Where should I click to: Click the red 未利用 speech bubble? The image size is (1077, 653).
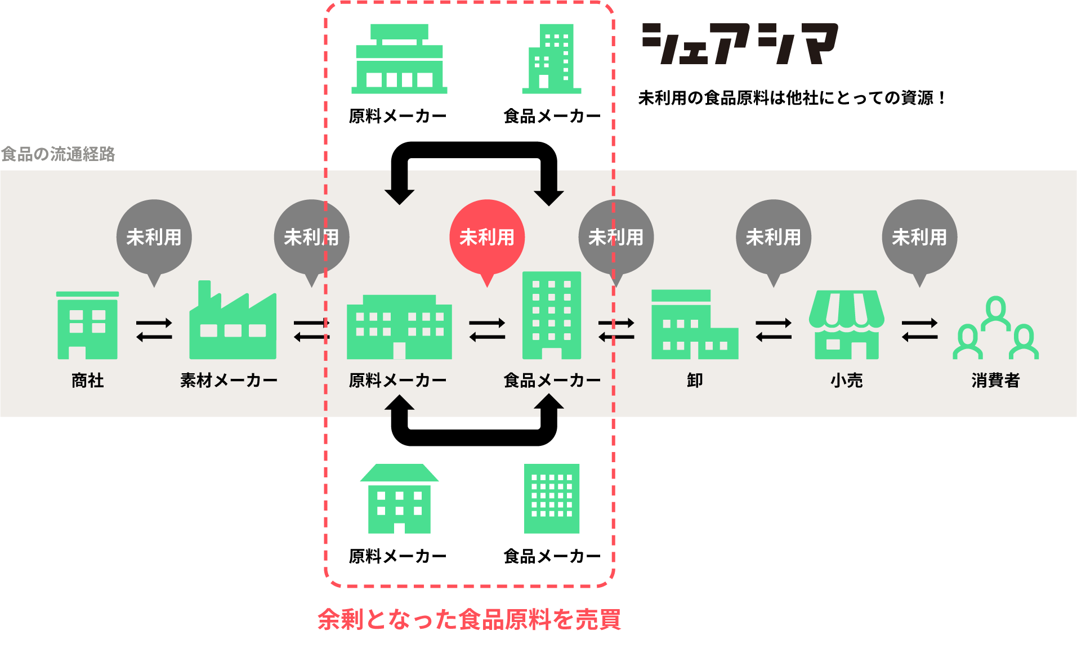(487, 238)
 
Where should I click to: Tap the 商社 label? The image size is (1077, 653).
(88, 381)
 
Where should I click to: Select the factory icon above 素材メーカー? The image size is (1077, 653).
(233, 322)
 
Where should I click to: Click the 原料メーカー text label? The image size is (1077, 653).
(397, 381)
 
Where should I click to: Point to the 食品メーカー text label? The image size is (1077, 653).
(552, 381)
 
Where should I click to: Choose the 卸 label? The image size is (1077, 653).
(695, 381)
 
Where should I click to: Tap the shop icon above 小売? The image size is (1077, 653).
(846, 325)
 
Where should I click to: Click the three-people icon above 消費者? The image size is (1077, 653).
(995, 329)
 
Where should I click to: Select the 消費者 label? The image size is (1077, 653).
(995, 381)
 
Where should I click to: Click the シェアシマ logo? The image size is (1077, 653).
(740, 43)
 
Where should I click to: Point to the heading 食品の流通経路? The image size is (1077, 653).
(58, 154)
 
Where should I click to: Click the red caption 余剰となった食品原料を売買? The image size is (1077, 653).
(470, 619)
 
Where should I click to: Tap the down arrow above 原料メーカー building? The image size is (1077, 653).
(399, 187)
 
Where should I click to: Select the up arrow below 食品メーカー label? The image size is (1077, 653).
(549, 405)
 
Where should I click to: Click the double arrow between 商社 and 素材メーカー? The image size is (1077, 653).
(154, 330)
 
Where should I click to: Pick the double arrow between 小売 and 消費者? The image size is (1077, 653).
(919, 330)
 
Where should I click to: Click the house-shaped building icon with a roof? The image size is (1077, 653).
(399, 499)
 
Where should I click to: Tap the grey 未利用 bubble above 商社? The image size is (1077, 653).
(154, 238)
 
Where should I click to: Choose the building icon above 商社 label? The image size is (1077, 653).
(88, 325)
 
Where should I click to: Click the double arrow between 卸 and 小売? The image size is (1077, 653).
(774, 330)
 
